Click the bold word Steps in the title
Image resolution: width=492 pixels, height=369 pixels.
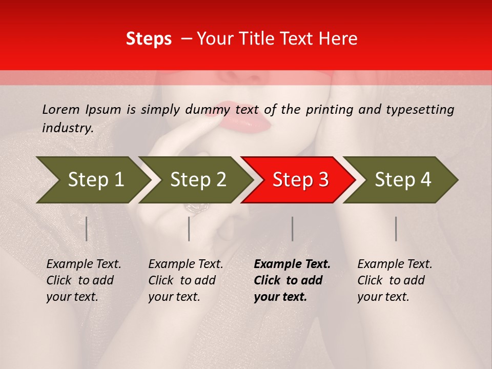149,39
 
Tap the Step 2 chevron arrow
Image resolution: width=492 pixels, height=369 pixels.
195,180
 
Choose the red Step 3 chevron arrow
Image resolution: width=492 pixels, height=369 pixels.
297,180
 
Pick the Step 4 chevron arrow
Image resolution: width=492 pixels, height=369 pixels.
400,180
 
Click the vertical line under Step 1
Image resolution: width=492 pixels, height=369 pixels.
87,229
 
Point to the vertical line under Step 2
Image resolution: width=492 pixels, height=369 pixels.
189,229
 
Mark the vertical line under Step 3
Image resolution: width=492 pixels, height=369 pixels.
293,229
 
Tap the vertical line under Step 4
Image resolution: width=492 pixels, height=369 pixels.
396,229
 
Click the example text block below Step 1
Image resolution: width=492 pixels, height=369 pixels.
84,280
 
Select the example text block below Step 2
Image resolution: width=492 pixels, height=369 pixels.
186,280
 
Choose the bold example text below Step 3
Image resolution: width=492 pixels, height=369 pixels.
292,280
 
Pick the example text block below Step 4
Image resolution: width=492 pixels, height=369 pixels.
395,280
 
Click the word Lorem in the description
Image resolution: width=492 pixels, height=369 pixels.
61,109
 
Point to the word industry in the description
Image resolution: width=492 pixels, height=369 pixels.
67,128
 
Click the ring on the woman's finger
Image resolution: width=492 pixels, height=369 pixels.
197,208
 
